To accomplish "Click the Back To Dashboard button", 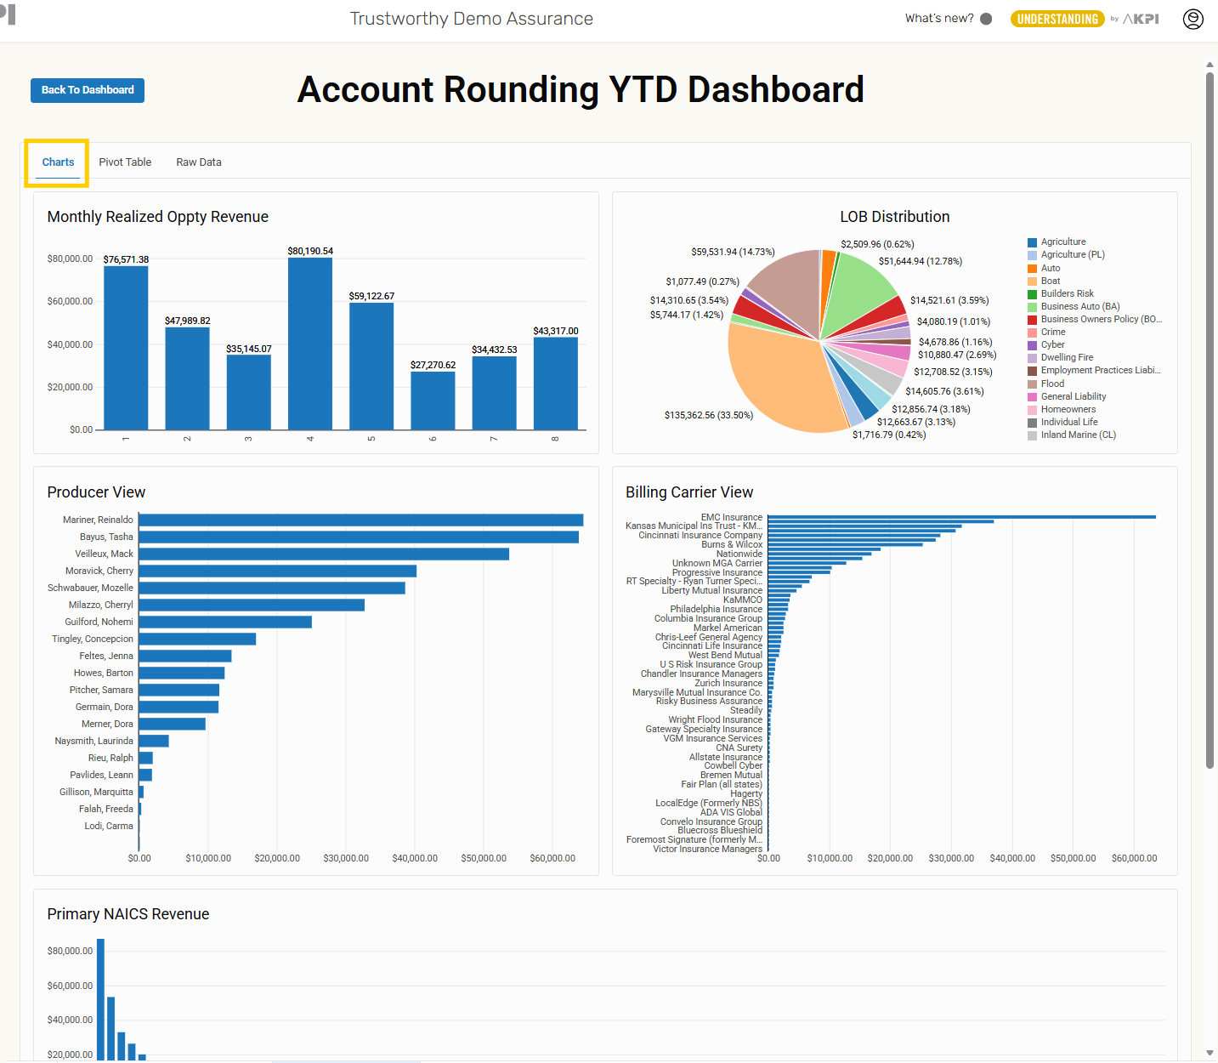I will point(88,90).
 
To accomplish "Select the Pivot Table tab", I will point(125,162).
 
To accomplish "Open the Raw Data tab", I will point(199,162).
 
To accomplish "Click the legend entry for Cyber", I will point(1052,345).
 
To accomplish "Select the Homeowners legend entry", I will point(1068,410).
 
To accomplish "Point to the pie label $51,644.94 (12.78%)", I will point(921,262).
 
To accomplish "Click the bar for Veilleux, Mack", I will point(324,554).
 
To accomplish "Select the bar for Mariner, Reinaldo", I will point(360,520).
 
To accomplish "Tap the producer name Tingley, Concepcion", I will point(93,640).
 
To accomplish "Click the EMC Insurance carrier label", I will point(731,517).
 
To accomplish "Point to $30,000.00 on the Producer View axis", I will point(346,859).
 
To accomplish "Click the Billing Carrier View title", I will point(689,492).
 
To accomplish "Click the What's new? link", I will point(939,19).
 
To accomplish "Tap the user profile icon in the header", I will point(1193,19).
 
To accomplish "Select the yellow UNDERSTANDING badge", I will point(1057,19).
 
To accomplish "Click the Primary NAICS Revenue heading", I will point(128,914).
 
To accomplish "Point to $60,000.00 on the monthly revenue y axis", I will point(70,302).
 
